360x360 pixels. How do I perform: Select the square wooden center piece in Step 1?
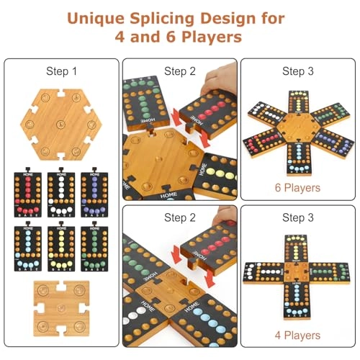click(61, 306)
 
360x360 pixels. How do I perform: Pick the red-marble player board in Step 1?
click(29, 194)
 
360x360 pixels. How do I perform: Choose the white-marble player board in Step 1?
click(61, 194)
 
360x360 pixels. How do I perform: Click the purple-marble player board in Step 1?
click(94, 194)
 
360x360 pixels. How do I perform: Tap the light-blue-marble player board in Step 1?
click(29, 248)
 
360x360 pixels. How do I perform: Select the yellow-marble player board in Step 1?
click(61, 248)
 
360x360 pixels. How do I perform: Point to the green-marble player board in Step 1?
click(94, 248)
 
